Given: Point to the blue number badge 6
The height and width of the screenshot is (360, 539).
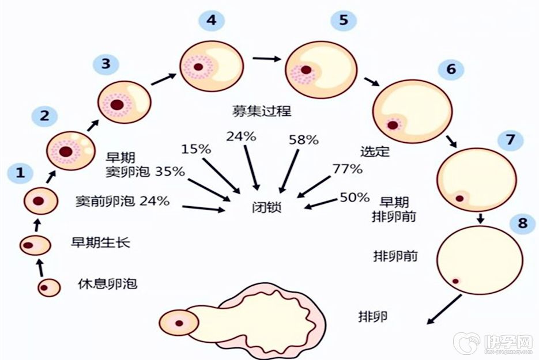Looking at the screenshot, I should [x=451, y=69].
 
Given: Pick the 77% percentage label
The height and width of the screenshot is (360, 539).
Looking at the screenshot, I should [x=347, y=169].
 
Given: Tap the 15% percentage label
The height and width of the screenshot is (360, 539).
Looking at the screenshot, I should [x=197, y=149].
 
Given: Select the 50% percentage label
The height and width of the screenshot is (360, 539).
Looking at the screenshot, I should [x=355, y=198].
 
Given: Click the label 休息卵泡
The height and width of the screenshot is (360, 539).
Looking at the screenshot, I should [x=108, y=284].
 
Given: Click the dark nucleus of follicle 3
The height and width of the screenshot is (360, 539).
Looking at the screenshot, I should [x=118, y=105].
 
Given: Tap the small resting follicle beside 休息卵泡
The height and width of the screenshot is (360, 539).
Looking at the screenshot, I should [x=50, y=286].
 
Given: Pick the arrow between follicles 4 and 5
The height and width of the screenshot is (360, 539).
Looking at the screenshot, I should [x=266, y=58].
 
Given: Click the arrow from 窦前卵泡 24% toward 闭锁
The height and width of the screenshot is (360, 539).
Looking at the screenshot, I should [x=202, y=208].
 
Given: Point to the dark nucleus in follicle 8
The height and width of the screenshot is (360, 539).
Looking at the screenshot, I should [x=455, y=281].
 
